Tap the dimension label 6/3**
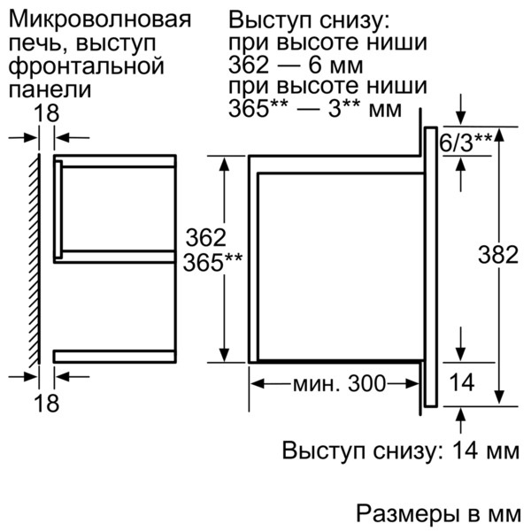coord(466,142)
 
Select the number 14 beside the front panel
coord(464,382)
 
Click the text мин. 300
coord(339,384)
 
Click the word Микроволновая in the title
coord(99,19)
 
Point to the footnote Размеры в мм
coord(439,514)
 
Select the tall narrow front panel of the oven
coord(430,265)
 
